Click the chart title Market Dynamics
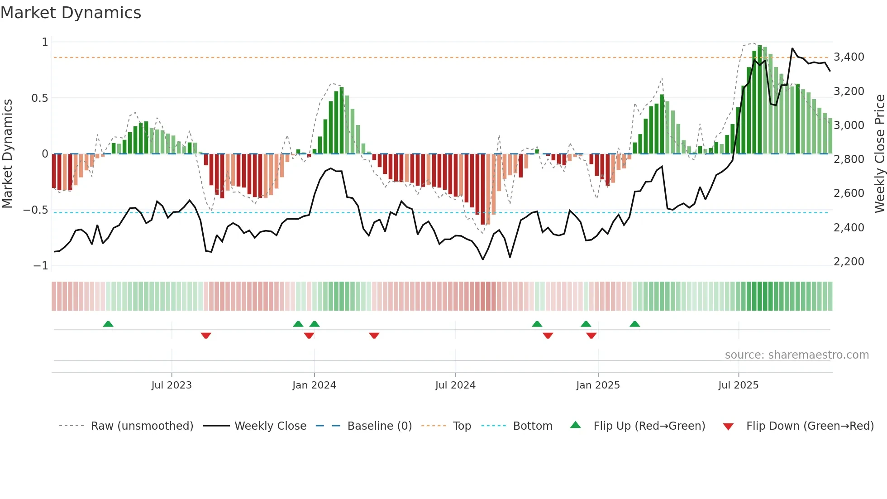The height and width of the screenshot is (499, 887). click(71, 13)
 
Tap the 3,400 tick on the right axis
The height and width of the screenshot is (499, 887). click(849, 57)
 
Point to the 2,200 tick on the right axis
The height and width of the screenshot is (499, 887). click(849, 262)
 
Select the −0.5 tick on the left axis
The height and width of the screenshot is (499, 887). click(35, 210)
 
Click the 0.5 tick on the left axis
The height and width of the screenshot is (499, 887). click(39, 98)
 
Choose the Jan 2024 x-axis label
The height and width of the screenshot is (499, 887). click(314, 385)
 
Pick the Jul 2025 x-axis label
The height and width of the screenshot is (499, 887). click(738, 385)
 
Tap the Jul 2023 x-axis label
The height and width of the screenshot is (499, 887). click(172, 385)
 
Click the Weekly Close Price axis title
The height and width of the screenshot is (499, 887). click(879, 154)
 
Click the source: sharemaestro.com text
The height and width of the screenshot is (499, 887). click(796, 355)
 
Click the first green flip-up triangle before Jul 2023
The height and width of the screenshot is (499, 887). click(108, 324)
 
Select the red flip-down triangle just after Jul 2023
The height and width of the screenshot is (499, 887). click(206, 336)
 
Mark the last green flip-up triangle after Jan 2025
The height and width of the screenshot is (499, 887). click(634, 324)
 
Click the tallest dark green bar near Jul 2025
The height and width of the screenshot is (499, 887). click(759, 100)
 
